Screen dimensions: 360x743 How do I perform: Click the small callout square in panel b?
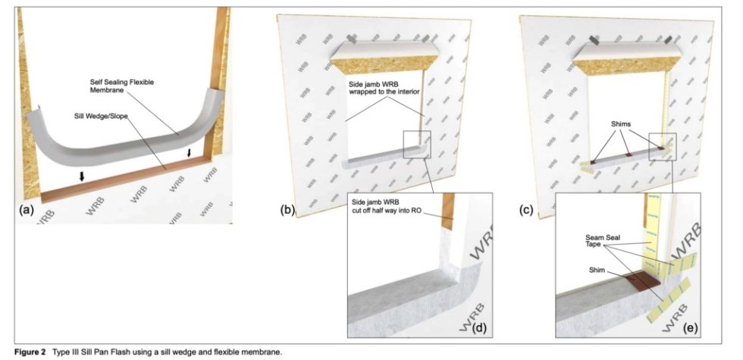(x=416, y=145)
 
